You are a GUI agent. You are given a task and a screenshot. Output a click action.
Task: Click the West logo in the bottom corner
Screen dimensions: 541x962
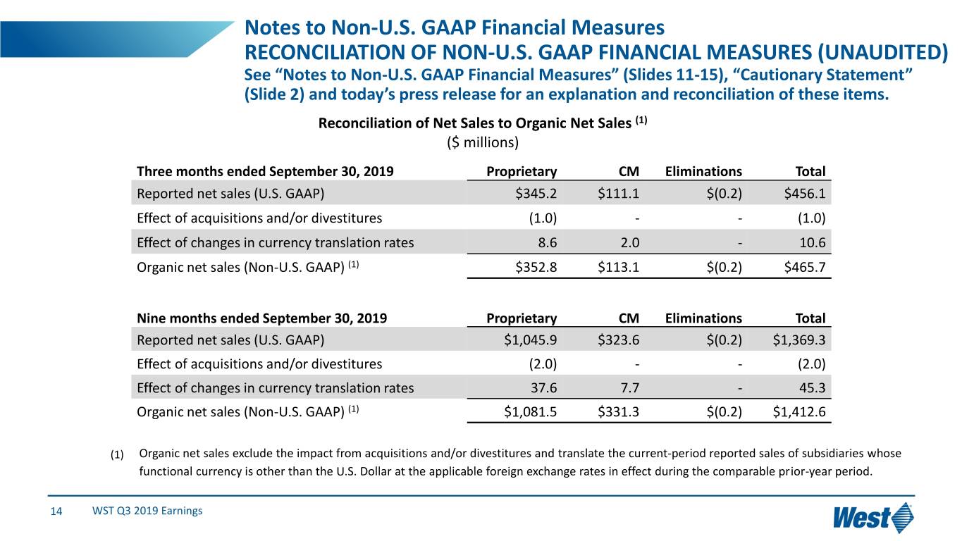(x=872, y=518)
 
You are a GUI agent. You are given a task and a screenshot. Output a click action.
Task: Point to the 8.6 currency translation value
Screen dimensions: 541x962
(x=545, y=243)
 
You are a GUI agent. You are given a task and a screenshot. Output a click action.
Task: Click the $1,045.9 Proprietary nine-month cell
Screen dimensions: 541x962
(x=531, y=340)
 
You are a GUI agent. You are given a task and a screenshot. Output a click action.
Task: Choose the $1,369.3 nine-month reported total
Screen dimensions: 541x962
(x=799, y=340)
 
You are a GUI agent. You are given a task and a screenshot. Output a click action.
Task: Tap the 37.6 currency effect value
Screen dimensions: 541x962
(x=543, y=388)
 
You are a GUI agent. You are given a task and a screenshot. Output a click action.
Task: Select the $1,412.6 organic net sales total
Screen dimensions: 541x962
(x=799, y=412)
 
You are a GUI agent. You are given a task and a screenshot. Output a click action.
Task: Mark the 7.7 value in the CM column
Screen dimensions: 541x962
(x=629, y=388)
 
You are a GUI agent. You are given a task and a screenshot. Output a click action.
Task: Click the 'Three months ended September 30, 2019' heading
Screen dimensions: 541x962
(x=265, y=171)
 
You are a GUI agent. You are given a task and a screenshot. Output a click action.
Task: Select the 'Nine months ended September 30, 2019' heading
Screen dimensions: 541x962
(x=261, y=318)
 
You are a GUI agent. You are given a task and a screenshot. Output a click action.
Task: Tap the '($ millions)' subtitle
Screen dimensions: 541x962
(x=483, y=142)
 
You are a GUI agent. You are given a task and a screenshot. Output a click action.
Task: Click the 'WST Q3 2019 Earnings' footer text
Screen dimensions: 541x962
(x=147, y=511)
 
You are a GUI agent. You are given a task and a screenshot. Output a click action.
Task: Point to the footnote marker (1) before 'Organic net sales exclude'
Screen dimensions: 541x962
(x=117, y=455)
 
